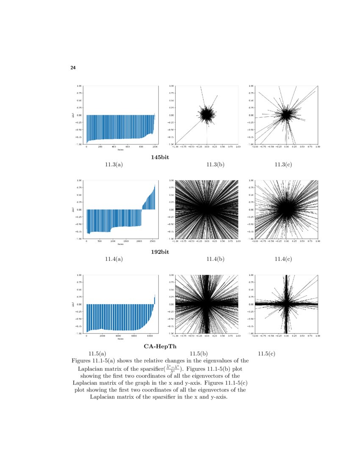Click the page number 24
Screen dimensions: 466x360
pyautogui.click(x=73, y=68)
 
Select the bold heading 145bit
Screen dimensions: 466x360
pyautogui.click(x=160, y=157)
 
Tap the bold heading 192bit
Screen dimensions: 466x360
pyautogui.click(x=160, y=252)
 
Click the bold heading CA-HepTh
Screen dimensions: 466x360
pyautogui.click(x=160, y=346)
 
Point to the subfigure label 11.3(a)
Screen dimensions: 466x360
pyautogui.click(x=114, y=164)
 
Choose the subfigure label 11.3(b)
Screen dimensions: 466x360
pyautogui.click(x=215, y=164)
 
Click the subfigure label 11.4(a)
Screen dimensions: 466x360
pyautogui.click(x=114, y=259)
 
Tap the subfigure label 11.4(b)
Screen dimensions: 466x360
pyautogui.click(x=215, y=259)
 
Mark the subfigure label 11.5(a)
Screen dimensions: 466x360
pyautogui.click(x=97, y=353)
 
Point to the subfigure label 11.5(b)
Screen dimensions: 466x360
pyautogui.click(x=198, y=353)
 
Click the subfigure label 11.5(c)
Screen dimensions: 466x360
pyautogui.click(x=266, y=353)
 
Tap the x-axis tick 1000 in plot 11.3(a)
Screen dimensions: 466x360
pyautogui.click(x=155, y=147)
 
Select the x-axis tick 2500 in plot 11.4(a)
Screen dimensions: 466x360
pyautogui.click(x=152, y=241)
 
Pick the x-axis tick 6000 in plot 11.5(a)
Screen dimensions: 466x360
pyautogui.click(x=134, y=336)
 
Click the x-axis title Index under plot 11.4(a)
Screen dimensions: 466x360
pyautogui.click(x=120, y=244)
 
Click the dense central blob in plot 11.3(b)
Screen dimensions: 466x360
pyautogui.click(x=207, y=114)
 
